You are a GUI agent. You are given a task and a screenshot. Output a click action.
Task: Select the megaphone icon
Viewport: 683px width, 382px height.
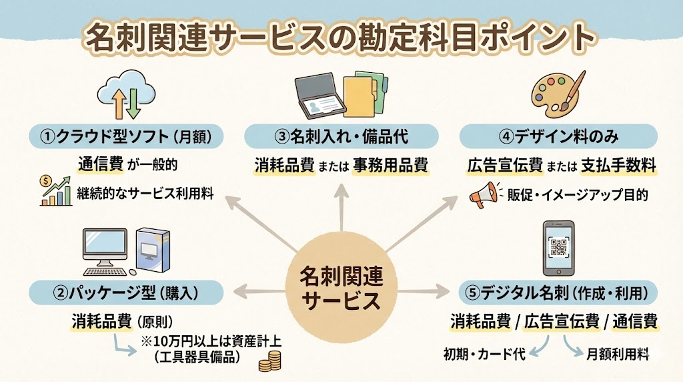485,195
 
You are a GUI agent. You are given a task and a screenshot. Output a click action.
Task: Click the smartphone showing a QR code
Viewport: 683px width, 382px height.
558,248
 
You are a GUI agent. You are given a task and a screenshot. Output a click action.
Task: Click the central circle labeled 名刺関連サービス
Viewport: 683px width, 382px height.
341,286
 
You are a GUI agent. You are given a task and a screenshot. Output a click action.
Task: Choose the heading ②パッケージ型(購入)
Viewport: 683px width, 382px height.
125,292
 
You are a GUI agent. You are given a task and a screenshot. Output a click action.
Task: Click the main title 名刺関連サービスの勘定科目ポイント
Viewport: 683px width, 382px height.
340,37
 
